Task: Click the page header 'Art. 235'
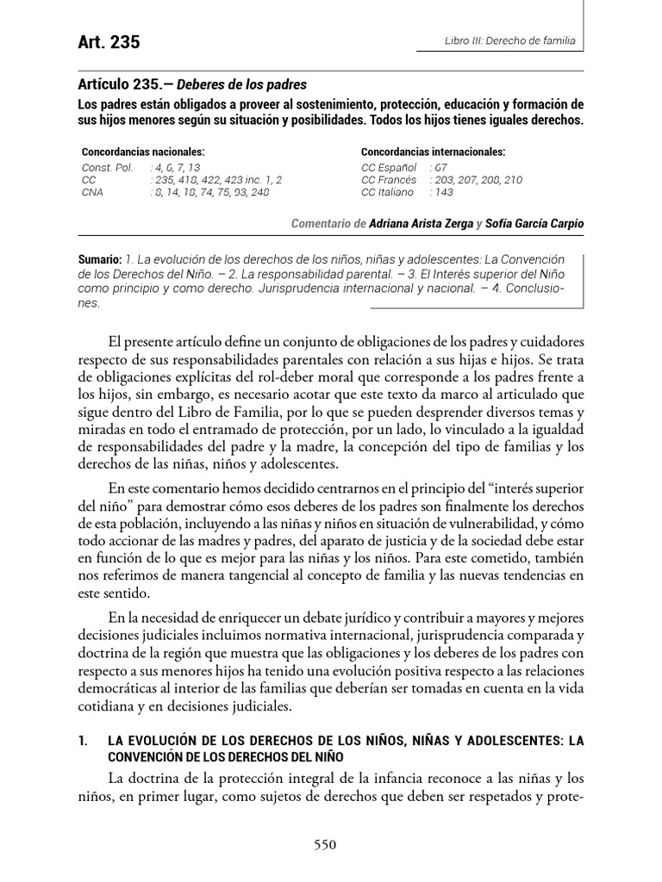click(x=109, y=42)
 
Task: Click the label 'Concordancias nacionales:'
click(x=143, y=152)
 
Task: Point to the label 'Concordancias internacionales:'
click(x=433, y=152)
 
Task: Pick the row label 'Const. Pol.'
click(x=108, y=167)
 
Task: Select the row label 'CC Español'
click(x=389, y=167)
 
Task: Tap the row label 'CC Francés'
click(x=390, y=180)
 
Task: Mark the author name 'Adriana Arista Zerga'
click(x=422, y=224)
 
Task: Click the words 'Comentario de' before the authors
click(x=328, y=224)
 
